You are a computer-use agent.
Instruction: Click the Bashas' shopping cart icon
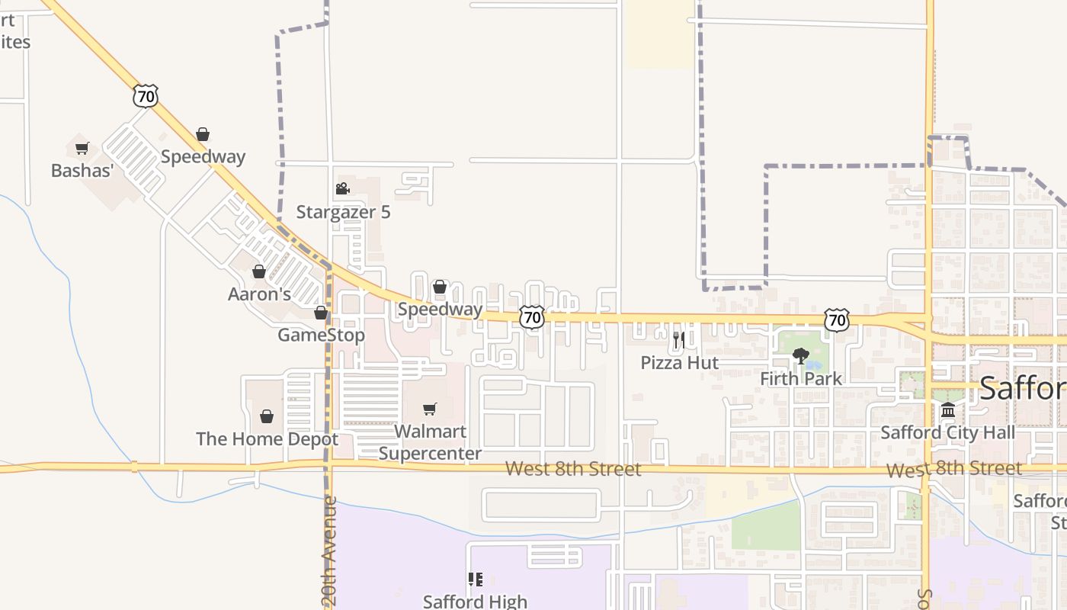[82, 148]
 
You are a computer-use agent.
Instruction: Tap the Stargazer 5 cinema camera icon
[342, 188]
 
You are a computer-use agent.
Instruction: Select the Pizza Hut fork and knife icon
[678, 339]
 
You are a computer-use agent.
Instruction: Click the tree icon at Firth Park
[800, 355]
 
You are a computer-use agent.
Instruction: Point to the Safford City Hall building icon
[947, 410]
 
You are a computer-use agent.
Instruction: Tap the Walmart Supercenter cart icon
[430, 409]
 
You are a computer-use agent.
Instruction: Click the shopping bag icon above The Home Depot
[267, 416]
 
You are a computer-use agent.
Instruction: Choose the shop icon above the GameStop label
[321, 313]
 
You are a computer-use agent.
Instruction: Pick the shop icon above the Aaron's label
[259, 271]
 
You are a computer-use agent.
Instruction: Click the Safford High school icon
[476, 579]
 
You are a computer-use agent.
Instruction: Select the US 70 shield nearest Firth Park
[837, 320]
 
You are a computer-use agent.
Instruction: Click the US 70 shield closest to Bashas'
[145, 96]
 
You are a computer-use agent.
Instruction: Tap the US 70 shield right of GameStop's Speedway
[532, 317]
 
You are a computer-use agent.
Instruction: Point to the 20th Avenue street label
[329, 551]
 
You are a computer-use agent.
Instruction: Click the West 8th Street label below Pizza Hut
[573, 469]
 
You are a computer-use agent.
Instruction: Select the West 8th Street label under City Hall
[954, 469]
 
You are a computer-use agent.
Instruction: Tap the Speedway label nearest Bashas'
[203, 156]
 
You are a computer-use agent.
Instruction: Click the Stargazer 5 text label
[343, 212]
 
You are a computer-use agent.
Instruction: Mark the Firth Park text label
[801, 378]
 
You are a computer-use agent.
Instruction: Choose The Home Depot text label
[267, 439]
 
